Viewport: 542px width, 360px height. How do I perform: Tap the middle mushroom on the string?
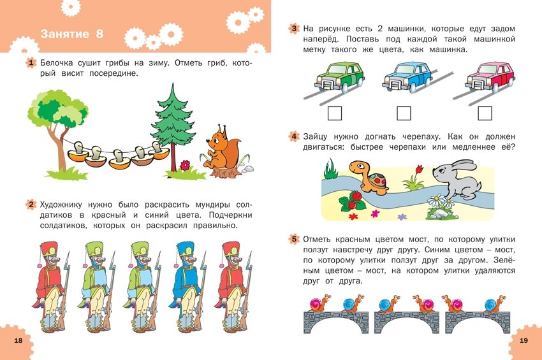(x=120, y=159)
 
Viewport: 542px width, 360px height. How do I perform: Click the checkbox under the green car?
(x=334, y=113)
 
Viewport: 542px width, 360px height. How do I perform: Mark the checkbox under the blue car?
(x=404, y=113)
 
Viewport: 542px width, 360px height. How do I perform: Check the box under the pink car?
(x=485, y=113)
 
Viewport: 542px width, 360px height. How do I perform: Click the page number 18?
(x=18, y=340)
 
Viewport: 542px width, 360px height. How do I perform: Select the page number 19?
(x=524, y=340)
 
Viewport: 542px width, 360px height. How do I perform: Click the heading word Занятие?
(x=64, y=34)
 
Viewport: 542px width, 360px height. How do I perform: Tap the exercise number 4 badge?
(x=294, y=136)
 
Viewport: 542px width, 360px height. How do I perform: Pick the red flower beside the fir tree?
(x=186, y=165)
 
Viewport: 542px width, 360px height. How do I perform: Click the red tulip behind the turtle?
(x=420, y=169)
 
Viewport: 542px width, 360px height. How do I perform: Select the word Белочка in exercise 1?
(x=56, y=63)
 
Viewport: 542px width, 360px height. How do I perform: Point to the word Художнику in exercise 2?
(x=61, y=205)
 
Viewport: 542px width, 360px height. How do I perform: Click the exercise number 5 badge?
(x=294, y=239)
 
